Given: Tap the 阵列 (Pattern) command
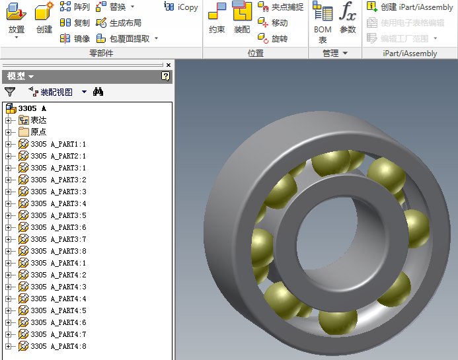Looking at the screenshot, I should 75,7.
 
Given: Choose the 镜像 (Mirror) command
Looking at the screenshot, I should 75,38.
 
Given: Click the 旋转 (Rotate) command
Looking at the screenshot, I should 273,38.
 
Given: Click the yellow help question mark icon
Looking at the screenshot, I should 165,77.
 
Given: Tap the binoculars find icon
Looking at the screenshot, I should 98,92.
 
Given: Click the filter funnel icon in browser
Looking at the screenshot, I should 10,92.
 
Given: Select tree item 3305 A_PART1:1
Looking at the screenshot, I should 58,144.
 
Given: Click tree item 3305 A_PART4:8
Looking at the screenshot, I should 58,346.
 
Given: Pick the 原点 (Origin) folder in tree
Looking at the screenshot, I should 38,132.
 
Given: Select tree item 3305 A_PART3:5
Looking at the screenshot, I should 58,215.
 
